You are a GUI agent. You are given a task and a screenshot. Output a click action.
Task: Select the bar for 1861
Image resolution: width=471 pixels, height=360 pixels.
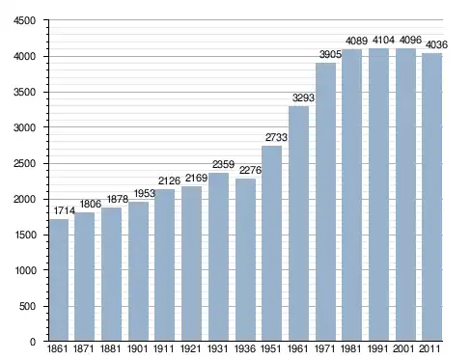click(59, 280)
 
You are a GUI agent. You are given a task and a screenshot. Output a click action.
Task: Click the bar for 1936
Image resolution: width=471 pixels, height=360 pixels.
click(245, 260)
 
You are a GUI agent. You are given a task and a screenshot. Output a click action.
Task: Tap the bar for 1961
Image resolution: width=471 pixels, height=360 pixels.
click(298, 224)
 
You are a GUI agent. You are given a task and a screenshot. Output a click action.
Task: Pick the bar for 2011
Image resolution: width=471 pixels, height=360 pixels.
click(432, 197)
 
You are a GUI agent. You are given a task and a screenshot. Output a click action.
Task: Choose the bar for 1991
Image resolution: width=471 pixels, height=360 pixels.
click(378, 195)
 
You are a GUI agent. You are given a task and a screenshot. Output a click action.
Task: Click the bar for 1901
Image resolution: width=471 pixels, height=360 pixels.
click(138, 271)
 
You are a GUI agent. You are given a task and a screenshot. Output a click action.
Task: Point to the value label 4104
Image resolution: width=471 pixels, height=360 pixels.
click(383, 40)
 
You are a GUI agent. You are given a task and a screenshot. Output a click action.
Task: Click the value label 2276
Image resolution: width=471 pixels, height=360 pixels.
click(250, 170)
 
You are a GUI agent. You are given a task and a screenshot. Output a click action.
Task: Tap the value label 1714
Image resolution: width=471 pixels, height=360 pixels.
click(65, 210)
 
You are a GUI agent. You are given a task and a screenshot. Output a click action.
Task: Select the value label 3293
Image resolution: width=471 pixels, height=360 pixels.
click(303, 97)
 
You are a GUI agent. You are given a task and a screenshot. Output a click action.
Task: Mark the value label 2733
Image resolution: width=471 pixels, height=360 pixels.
click(276, 137)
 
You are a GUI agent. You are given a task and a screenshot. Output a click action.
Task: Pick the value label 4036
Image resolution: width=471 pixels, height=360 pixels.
click(436, 44)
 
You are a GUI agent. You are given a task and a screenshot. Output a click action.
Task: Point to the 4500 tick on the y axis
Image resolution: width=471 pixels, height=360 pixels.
click(24, 20)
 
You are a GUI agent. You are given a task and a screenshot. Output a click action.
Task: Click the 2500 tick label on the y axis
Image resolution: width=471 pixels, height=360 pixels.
click(24, 163)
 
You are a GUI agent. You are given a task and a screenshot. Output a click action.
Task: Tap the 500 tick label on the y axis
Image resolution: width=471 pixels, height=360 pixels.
click(27, 306)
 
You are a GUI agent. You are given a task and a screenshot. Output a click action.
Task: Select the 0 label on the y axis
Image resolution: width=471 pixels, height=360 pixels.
click(33, 342)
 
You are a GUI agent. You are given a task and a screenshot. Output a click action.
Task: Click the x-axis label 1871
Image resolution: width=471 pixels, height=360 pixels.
click(84, 348)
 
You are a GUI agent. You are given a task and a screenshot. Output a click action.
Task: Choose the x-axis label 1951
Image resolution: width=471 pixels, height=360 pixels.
click(271, 348)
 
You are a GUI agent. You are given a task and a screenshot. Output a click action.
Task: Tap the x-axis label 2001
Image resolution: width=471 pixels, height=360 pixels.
click(403, 348)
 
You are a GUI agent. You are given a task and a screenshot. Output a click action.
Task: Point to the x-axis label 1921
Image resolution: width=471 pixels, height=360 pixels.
click(191, 348)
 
